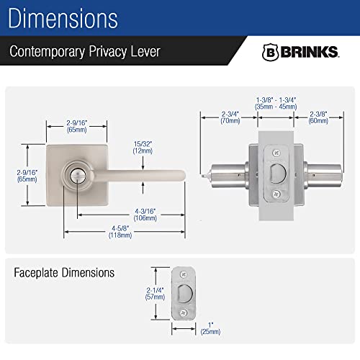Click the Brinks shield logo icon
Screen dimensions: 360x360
[x=270, y=52]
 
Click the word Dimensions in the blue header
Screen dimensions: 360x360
[x=63, y=18]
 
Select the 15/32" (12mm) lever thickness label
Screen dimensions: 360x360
[x=143, y=148]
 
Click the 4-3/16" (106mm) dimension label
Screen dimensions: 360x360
[x=145, y=215]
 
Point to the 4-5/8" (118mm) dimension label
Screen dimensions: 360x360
[x=120, y=232]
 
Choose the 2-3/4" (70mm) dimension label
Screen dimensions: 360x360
[x=230, y=117]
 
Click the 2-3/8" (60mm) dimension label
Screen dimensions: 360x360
[x=318, y=117]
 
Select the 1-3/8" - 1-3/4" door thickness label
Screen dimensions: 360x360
[x=276, y=103]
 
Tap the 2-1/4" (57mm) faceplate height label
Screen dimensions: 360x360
[x=155, y=294]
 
